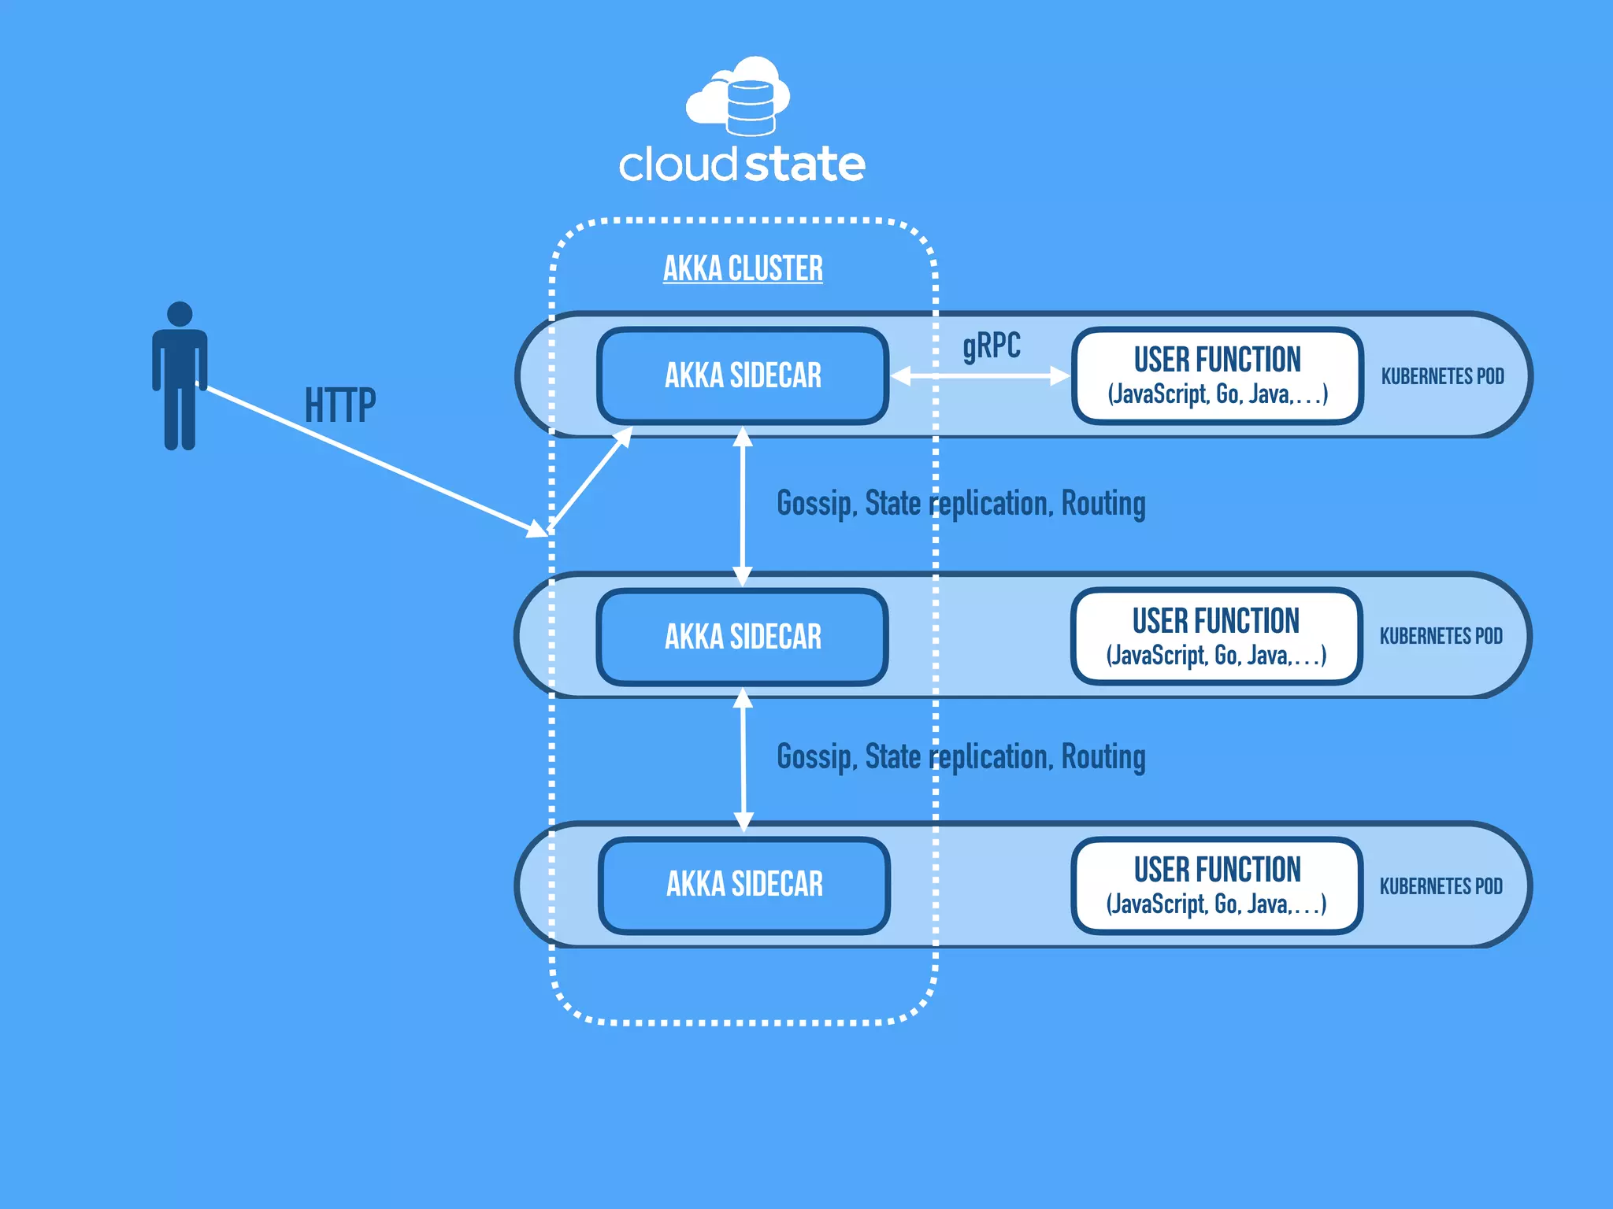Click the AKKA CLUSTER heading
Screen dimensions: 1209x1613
point(743,268)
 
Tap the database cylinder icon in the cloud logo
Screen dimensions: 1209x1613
point(750,109)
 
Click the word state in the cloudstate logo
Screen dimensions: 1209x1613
point(804,165)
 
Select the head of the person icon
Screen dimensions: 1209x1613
point(180,314)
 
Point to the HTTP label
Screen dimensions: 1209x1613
point(340,405)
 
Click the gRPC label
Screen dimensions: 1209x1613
point(991,346)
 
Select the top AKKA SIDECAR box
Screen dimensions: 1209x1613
point(743,375)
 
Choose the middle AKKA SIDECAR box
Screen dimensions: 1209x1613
point(743,637)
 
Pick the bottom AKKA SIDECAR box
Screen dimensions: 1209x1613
point(744,885)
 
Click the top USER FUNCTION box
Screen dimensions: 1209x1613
point(1218,375)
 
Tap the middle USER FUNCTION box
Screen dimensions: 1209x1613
point(1216,636)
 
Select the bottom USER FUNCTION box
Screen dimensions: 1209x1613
point(1217,885)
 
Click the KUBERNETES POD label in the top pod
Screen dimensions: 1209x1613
point(1442,376)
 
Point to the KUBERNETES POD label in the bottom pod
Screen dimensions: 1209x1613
point(1441,886)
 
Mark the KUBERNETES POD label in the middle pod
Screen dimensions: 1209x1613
point(1441,636)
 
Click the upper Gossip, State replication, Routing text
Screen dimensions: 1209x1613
point(961,504)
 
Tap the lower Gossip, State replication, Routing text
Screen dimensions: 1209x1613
point(961,757)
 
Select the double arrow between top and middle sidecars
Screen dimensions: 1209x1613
point(743,506)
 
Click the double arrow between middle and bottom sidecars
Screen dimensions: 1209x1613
point(743,760)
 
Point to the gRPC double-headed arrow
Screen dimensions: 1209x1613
point(981,376)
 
